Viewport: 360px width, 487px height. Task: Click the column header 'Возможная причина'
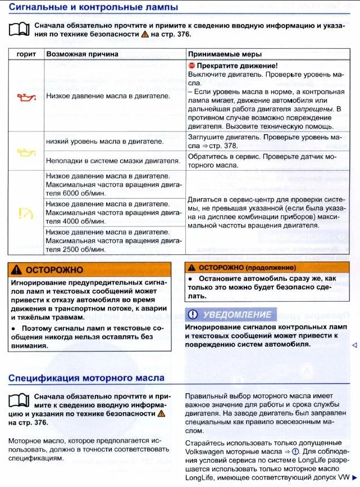pyautogui.click(x=82, y=54)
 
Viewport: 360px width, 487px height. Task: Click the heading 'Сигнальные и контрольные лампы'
pyautogui.click(x=93, y=7)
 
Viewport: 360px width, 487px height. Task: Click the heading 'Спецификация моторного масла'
pyautogui.click(x=86, y=377)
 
